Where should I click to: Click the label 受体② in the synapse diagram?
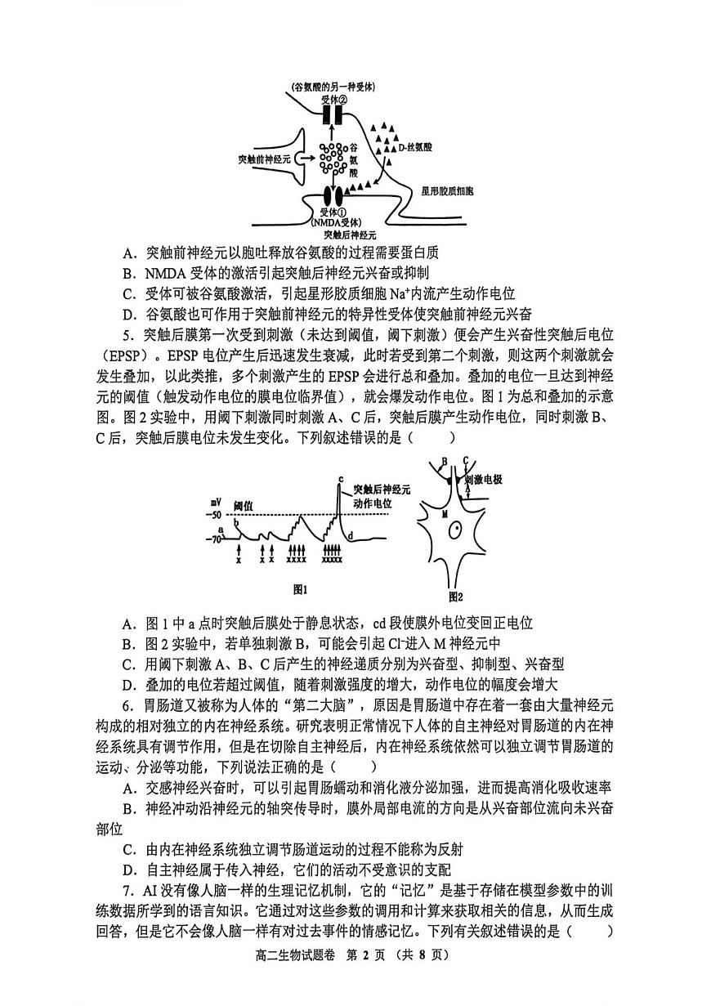335,100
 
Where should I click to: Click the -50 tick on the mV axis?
214,516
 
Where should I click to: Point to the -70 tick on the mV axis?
214,539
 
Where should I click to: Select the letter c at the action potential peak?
340,478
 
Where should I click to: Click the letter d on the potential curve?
350,535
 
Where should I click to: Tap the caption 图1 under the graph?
299,589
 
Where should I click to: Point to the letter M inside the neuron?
445,516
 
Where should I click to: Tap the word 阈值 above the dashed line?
244,505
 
